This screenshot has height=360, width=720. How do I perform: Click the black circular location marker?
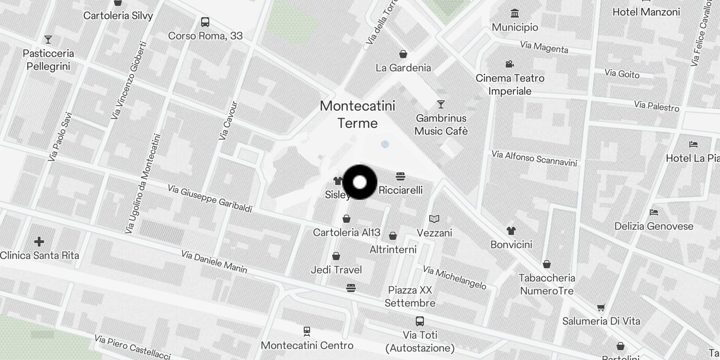tap(360, 182)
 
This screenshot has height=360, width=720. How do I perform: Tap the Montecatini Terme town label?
tap(357, 114)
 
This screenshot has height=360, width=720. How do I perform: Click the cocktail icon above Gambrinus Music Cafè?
tap(441, 104)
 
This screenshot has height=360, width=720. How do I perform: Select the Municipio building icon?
tap(515, 13)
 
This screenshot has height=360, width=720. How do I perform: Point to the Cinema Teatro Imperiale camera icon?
tap(509, 64)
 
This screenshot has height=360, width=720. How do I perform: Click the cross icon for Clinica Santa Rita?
tap(39, 242)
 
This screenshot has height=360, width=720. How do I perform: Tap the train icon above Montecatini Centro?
tap(307, 331)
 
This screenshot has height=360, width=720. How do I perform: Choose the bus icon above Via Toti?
tap(420, 321)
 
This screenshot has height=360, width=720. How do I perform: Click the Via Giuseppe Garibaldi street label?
tap(210, 198)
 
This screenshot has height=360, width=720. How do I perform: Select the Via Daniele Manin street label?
tap(214, 262)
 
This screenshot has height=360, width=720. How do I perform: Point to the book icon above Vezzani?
tap(434, 219)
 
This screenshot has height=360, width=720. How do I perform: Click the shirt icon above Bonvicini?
tap(511, 231)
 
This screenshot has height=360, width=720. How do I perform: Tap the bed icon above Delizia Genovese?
tap(654, 212)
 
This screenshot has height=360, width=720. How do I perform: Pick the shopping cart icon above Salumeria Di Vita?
tap(601, 308)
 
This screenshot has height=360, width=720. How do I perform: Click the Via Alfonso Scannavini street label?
tap(534, 158)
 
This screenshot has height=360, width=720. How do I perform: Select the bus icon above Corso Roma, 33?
tap(205, 22)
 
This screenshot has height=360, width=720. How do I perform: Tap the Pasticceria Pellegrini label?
tap(48, 60)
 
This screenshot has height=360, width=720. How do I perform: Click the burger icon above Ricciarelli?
tap(400, 176)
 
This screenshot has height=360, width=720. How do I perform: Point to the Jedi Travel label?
tap(336, 270)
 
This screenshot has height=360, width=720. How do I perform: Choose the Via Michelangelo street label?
tap(454, 278)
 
